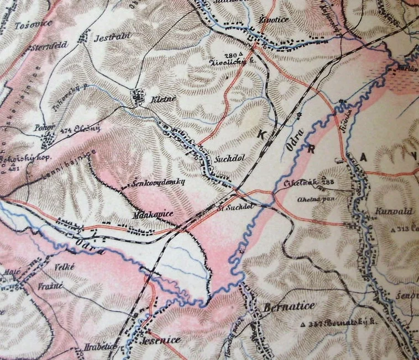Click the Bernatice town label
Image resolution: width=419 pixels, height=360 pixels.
[x=290, y=306]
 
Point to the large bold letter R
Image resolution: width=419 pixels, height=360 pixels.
[x=312, y=148]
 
